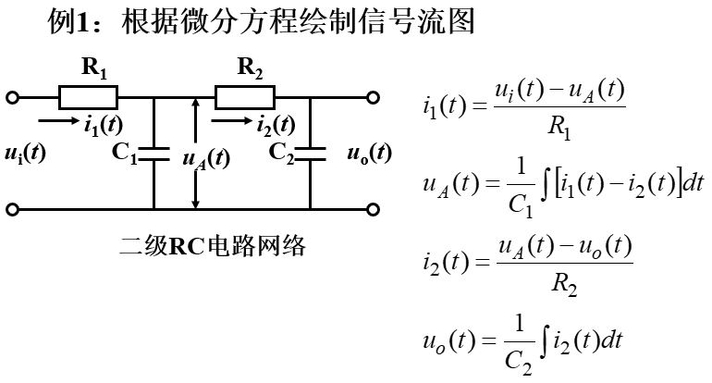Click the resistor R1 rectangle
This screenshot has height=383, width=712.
(89, 96)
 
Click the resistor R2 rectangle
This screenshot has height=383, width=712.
(245, 96)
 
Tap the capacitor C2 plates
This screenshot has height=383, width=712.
(310, 153)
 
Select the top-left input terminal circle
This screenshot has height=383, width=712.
(12, 96)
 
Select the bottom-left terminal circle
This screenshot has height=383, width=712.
(12, 210)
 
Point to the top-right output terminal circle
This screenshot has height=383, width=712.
(373, 96)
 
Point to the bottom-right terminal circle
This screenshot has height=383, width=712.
(373, 210)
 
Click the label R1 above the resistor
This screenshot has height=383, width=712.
(94, 68)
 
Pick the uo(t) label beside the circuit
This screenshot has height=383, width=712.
(369, 153)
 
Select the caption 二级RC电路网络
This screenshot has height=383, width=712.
(213, 247)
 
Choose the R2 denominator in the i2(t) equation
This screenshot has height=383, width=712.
(565, 285)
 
